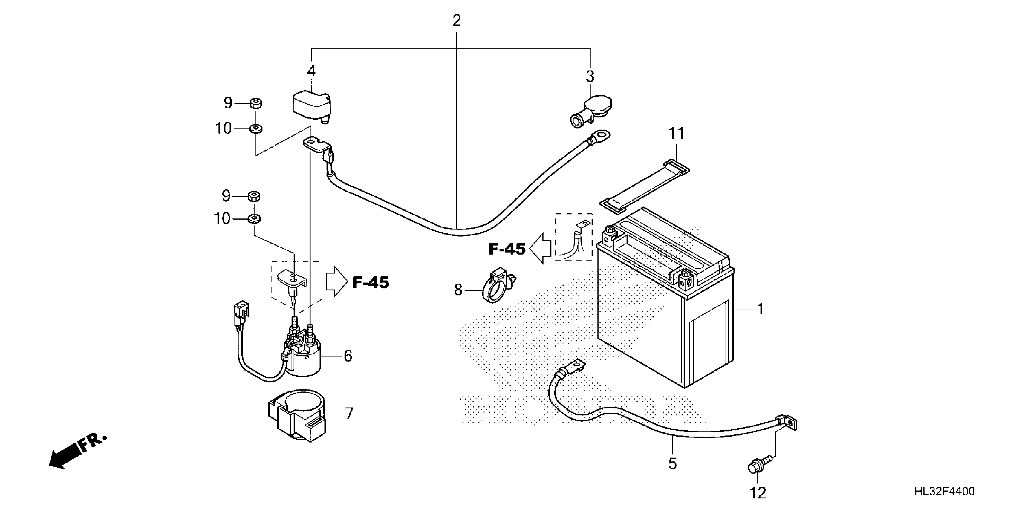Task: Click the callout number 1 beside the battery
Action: pos(760,309)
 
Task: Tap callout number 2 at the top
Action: pos(456,21)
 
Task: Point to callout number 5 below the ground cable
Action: pos(672,464)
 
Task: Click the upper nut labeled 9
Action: pos(255,104)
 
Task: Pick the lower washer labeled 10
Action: pos(254,218)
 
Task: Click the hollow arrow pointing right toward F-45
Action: pos(336,281)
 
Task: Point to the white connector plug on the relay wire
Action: pos(241,309)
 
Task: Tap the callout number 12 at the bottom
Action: pos(758,493)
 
